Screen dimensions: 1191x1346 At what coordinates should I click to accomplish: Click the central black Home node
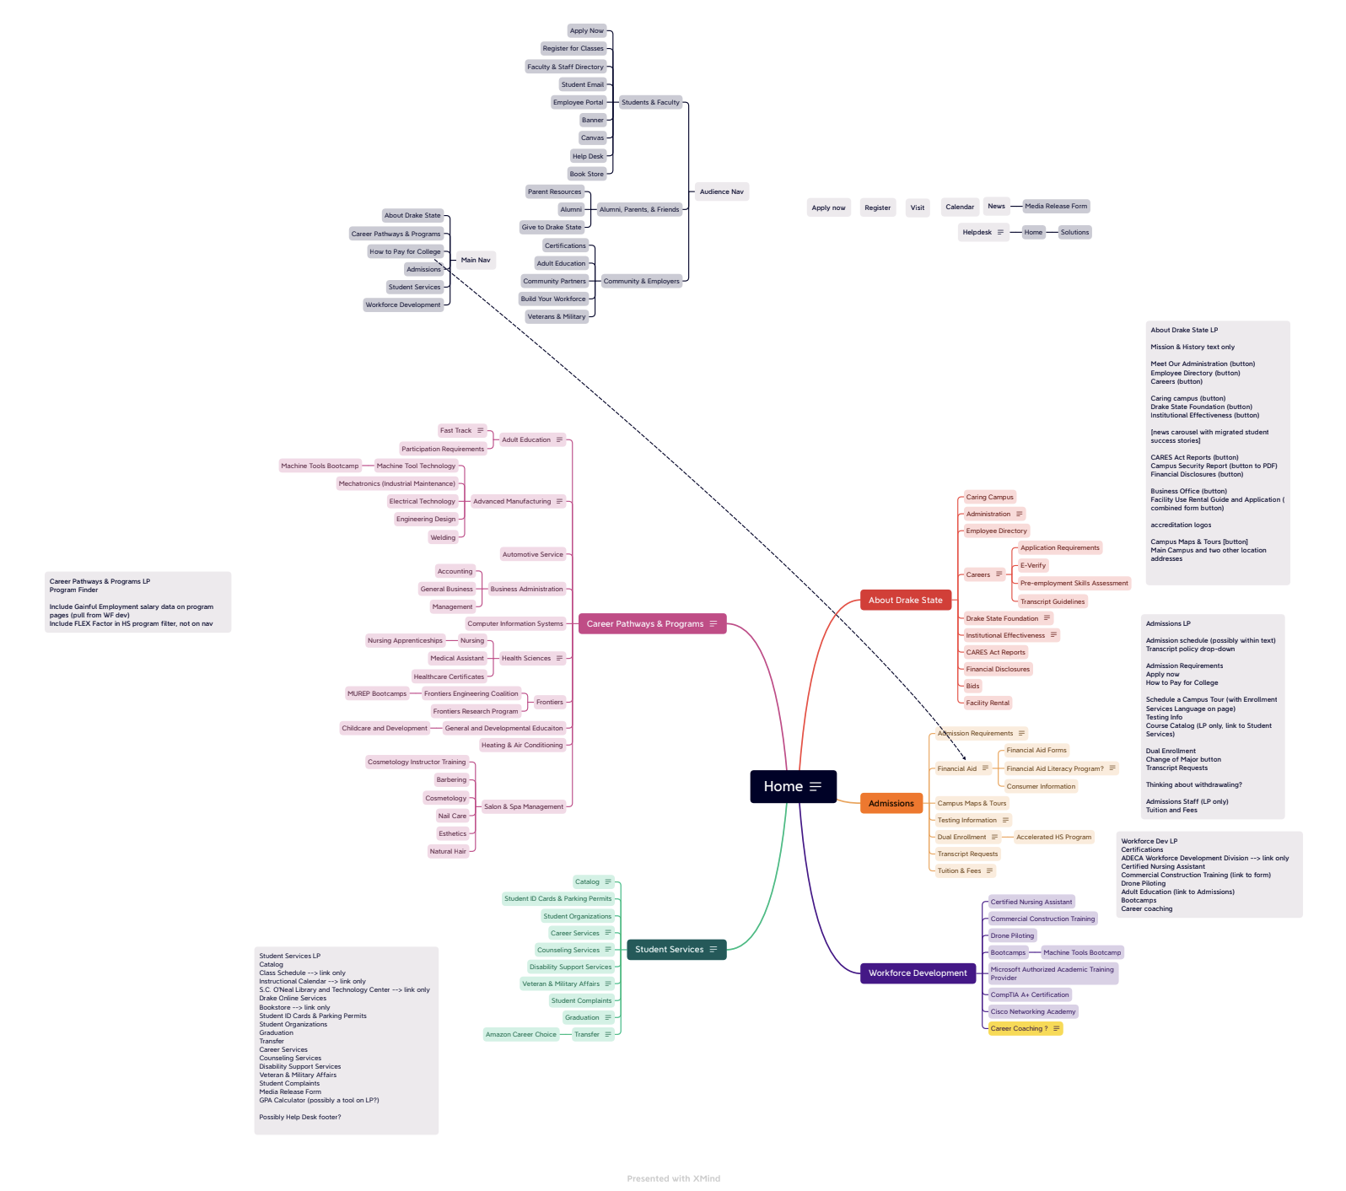793,786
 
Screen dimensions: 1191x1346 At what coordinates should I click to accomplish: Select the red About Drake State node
906,601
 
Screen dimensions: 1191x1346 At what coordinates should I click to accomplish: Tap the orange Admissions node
891,803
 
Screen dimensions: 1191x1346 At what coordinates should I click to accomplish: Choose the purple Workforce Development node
918,973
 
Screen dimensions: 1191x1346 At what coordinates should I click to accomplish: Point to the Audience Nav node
721,191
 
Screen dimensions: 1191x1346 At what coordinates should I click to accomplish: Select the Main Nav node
475,260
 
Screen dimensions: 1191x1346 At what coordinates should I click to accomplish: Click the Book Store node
586,174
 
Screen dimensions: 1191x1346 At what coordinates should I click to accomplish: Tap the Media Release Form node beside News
1056,206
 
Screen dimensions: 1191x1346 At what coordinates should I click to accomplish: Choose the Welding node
443,537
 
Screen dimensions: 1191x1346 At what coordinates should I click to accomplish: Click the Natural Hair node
447,851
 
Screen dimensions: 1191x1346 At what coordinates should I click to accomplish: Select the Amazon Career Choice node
520,1034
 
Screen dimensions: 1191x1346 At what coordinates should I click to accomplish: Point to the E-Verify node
1032,565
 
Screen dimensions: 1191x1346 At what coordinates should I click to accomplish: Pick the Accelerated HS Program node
1053,837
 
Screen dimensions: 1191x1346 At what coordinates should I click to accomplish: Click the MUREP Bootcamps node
377,693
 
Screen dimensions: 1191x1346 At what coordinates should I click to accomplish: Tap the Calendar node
959,207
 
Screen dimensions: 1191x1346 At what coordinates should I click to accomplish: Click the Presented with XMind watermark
673,1178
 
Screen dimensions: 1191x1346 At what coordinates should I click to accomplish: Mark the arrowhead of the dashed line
965,757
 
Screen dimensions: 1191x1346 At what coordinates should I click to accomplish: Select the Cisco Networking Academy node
1032,1011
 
